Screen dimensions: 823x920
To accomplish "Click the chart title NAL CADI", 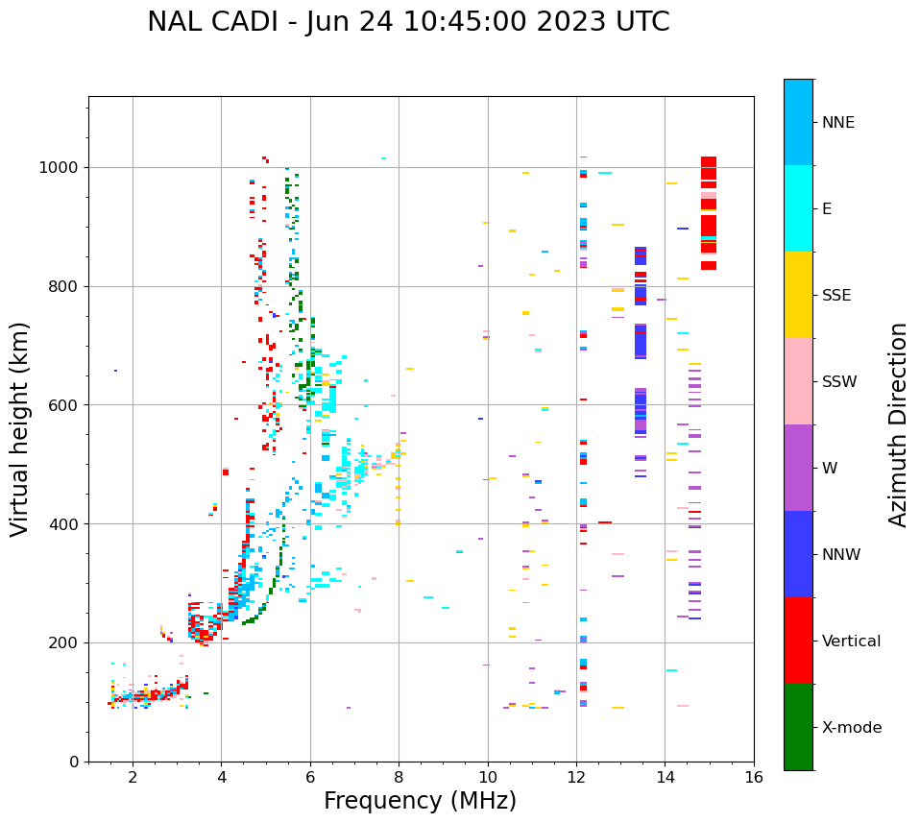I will [408, 22].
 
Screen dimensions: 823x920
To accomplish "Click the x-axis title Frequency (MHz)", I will [420, 801].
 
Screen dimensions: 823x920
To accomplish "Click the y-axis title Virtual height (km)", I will [20, 429].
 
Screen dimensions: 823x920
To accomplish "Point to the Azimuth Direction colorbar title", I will [898, 424].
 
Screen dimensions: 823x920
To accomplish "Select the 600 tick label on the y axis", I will [66, 405].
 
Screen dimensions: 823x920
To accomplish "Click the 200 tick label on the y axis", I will [66, 643].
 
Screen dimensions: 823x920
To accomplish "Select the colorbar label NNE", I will [838, 123].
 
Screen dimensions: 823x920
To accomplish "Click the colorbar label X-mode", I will [852, 728].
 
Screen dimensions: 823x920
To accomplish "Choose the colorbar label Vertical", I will [851, 641].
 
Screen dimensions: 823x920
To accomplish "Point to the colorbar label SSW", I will [839, 382].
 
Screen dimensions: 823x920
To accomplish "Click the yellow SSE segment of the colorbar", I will [798, 295].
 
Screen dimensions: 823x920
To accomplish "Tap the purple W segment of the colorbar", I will [798, 468].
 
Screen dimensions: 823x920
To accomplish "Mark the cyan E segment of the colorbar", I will [798, 208].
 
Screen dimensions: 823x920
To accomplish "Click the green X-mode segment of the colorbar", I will [798, 727].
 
